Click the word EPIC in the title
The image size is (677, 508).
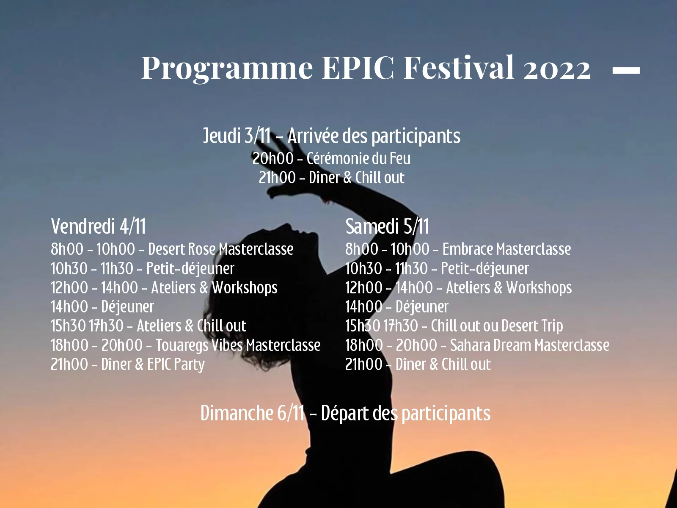click(358, 67)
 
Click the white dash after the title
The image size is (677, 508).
click(626, 70)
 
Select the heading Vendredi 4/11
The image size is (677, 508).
click(98, 226)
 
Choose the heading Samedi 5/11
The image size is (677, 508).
click(387, 226)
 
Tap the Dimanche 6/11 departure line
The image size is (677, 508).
click(345, 413)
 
